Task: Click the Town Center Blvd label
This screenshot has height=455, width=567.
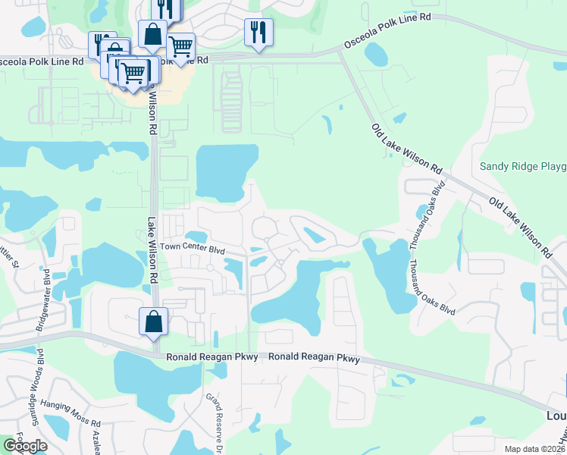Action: (x=193, y=248)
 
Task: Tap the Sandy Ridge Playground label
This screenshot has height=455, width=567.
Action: (x=523, y=166)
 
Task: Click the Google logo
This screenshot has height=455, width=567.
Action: (x=25, y=446)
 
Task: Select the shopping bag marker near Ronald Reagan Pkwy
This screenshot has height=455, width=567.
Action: (x=153, y=322)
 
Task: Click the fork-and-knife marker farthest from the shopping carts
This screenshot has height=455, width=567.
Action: (x=258, y=33)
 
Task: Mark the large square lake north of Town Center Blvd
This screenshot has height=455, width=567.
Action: (x=225, y=172)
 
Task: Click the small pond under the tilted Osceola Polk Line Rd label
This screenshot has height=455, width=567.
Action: (x=376, y=54)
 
